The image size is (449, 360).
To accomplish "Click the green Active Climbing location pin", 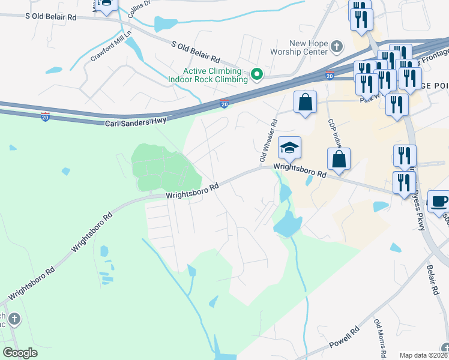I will point(258,74).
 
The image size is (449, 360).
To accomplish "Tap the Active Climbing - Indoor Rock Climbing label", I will point(215,75).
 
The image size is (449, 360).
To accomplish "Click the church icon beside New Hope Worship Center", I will point(337,46).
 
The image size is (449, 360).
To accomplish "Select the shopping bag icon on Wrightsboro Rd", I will point(339,160).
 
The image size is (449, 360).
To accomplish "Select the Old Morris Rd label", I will point(379,339).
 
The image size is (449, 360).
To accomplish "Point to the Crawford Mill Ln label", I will point(111,46).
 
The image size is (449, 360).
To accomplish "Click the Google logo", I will point(20,353).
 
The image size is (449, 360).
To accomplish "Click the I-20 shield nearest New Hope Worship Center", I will point(330,75).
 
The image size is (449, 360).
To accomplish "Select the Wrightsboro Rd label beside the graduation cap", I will point(300,171).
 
